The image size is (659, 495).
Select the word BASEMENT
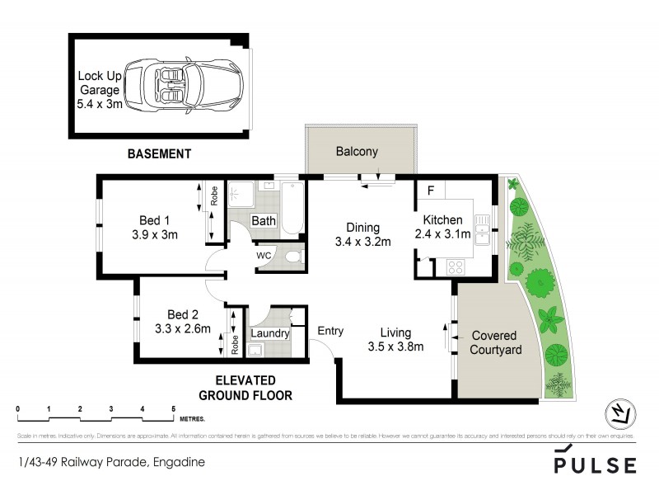pos(159,153)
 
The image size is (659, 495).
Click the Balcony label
pos(357,152)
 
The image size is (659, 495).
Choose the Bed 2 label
pos(184,314)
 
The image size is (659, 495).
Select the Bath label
pos(264,221)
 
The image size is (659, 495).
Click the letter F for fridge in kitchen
pos(429,191)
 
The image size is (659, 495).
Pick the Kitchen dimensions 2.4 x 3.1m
pos(446,234)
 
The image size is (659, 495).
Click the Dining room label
pos(362,228)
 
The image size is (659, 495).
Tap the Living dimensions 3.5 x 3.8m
pos(395,346)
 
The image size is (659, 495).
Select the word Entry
pos(330,331)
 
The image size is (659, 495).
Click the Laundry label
pos(270,333)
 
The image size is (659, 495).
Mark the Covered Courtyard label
pos(495,343)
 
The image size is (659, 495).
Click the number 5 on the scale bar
pos(173,409)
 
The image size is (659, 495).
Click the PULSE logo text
pos(595,465)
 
